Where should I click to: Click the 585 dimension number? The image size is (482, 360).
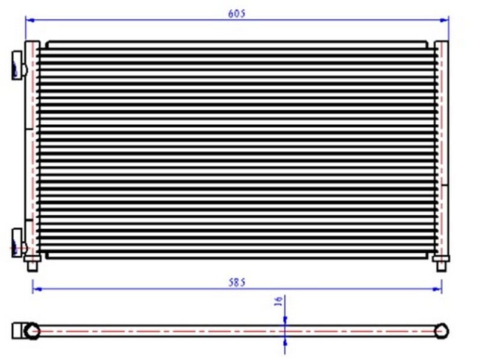coord(236,282)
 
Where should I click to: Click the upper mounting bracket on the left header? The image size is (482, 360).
coord(17,63)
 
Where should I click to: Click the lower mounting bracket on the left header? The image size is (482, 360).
coord(17,241)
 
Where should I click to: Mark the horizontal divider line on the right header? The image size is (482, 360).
coord(445,183)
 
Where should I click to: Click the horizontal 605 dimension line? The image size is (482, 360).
coord(151,20)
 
